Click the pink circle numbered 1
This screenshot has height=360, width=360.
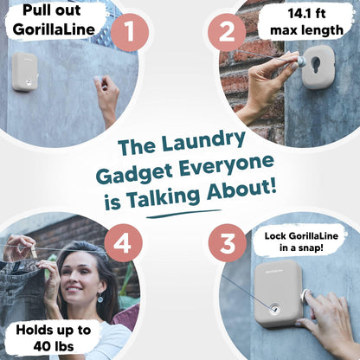click(130, 32)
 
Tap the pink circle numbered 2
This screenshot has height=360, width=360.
click(227, 32)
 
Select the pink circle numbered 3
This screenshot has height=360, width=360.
click(228, 243)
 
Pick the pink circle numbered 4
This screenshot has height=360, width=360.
click(123, 243)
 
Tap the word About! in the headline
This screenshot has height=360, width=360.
click(241, 190)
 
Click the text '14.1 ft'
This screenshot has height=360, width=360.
click(306, 14)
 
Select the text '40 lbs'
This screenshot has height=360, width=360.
click(54, 346)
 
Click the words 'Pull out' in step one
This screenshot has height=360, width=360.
click(52, 10)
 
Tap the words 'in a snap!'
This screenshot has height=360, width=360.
click(301, 247)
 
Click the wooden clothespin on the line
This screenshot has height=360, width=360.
click(34, 252)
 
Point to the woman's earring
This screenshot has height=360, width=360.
click(100, 298)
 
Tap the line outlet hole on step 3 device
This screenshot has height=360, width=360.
click(273, 310)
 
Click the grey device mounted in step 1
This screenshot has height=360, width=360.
click(25, 72)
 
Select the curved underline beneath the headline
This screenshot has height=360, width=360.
click(183, 214)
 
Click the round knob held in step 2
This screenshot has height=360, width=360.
click(301, 61)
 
